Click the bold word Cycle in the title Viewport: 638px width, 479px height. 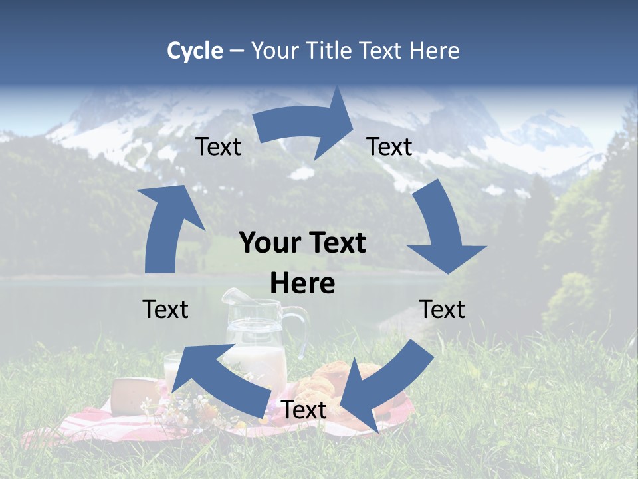195,51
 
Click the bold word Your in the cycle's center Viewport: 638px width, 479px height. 268,243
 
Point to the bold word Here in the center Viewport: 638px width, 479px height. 302,284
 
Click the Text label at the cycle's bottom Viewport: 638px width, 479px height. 304,410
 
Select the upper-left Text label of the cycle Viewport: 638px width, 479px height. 219,147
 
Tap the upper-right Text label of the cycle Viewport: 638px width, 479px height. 389,147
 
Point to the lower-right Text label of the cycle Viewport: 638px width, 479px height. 442,309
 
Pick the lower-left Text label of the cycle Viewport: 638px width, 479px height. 165,309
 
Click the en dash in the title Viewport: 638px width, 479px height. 237,51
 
